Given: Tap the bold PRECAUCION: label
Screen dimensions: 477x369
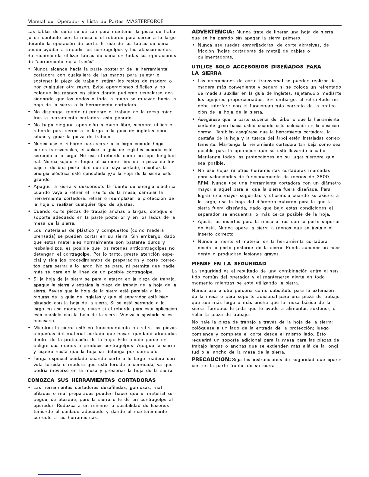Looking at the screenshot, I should click(x=211, y=360).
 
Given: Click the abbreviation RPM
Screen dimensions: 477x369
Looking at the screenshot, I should click(x=203, y=183).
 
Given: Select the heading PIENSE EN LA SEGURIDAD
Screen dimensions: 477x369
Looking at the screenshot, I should click(x=229, y=264).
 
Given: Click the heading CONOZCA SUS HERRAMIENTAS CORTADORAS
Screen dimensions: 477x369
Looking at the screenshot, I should click(x=92, y=380).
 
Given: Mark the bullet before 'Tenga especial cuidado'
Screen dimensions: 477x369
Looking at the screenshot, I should click(x=29, y=359).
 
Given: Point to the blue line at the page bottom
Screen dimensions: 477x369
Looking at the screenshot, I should click(x=60, y=474).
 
